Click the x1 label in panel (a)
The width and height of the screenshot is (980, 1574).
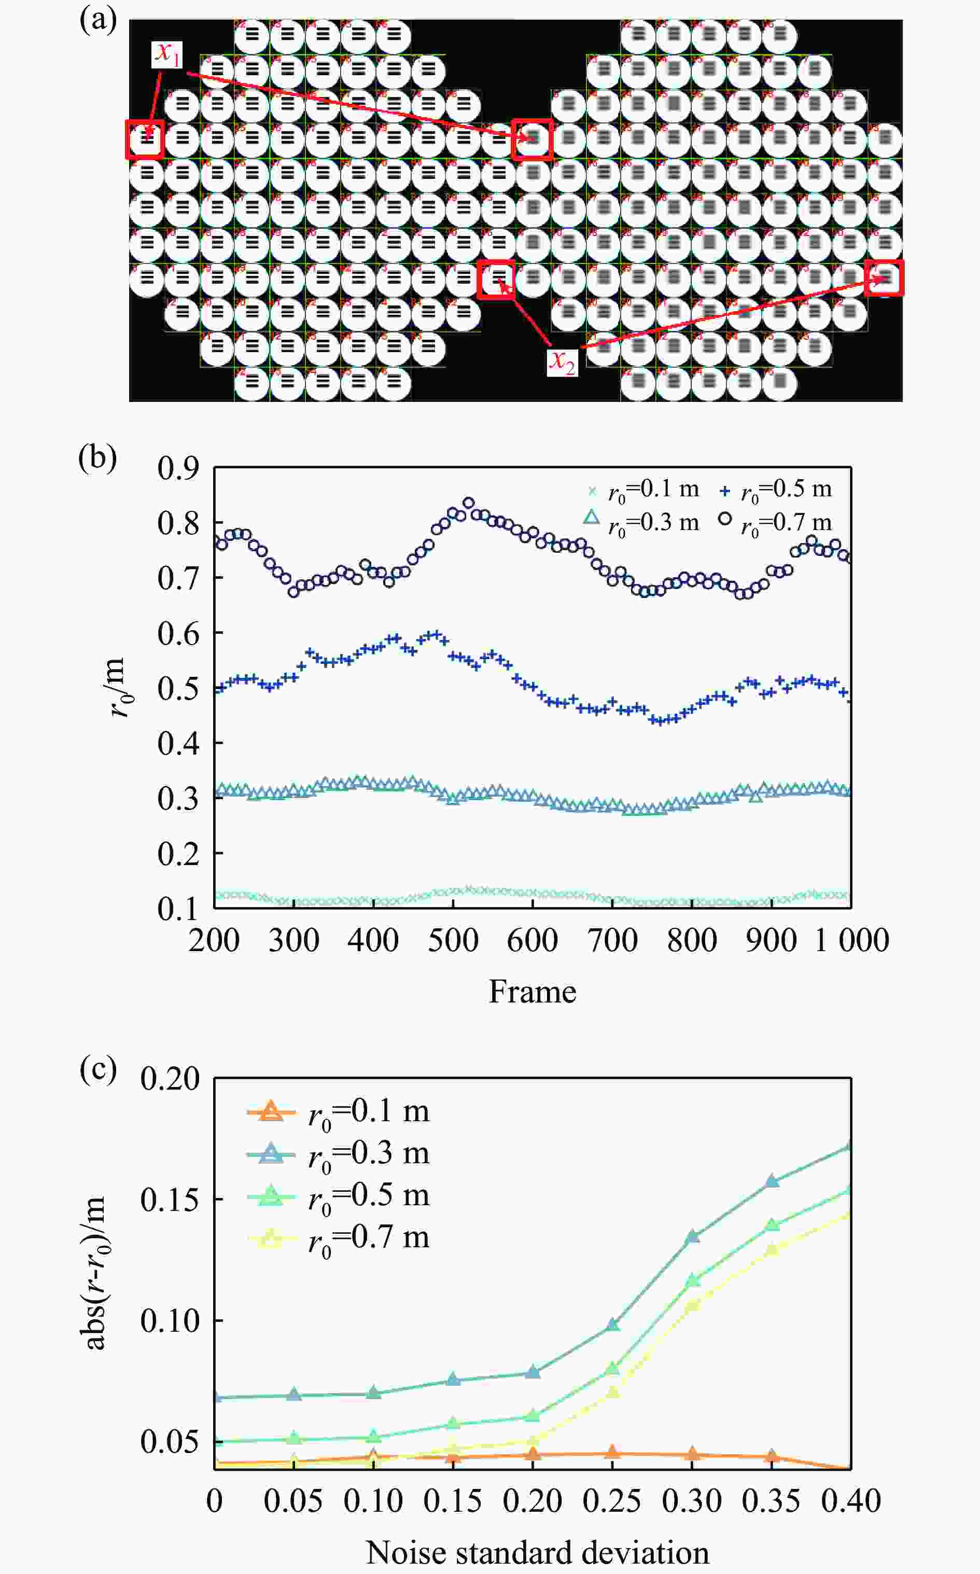(167, 54)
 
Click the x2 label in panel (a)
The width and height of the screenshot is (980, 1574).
(561, 362)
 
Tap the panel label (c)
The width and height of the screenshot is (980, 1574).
(97, 1068)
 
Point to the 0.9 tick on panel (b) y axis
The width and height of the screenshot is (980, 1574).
(177, 468)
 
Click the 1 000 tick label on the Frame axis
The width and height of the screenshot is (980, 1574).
(851, 940)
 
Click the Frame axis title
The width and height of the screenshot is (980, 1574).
(532, 991)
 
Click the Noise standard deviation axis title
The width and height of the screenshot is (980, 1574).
(537, 1553)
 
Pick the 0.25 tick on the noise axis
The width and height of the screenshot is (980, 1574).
(612, 1501)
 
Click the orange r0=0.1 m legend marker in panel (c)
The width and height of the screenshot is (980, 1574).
(271, 1112)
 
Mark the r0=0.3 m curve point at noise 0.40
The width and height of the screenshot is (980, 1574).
(850, 1147)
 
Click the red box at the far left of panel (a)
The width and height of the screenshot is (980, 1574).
(145, 140)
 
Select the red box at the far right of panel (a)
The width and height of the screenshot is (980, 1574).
(884, 278)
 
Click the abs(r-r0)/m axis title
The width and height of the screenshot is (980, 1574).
(95, 1271)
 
